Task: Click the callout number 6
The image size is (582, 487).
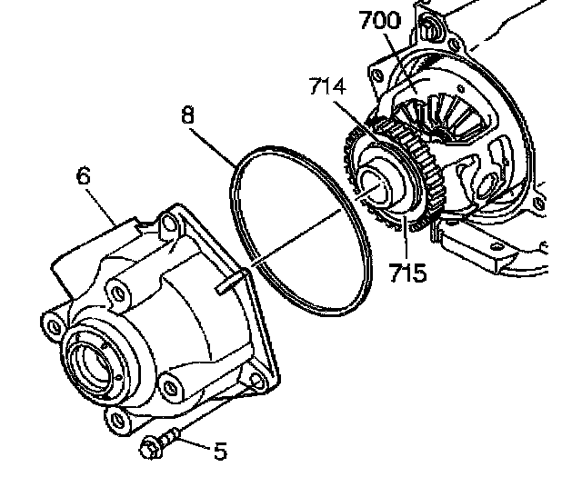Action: (84, 175)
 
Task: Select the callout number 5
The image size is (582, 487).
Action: (220, 452)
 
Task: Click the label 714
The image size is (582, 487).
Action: (326, 87)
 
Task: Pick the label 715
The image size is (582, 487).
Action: (406, 273)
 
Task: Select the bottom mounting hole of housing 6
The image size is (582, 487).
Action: (115, 417)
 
